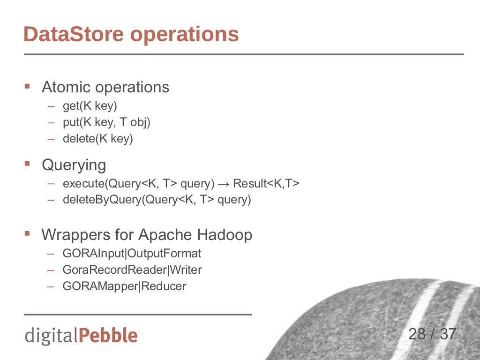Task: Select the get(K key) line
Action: coord(90,106)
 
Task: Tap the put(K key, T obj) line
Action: coord(106,122)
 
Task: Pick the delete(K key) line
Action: coord(98,139)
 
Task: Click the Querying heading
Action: coord(74,165)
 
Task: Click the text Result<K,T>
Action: coord(266,183)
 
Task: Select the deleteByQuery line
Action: coord(157,200)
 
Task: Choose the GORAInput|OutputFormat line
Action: coord(132,254)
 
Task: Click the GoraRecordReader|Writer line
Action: coord(132,270)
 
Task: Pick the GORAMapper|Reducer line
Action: coord(124,286)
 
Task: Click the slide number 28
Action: coord(417,334)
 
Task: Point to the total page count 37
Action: coord(448,334)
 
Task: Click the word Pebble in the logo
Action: coord(108,336)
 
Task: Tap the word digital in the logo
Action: coord(52,336)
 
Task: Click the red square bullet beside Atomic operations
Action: coord(27,86)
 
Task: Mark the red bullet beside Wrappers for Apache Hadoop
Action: coord(27,233)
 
